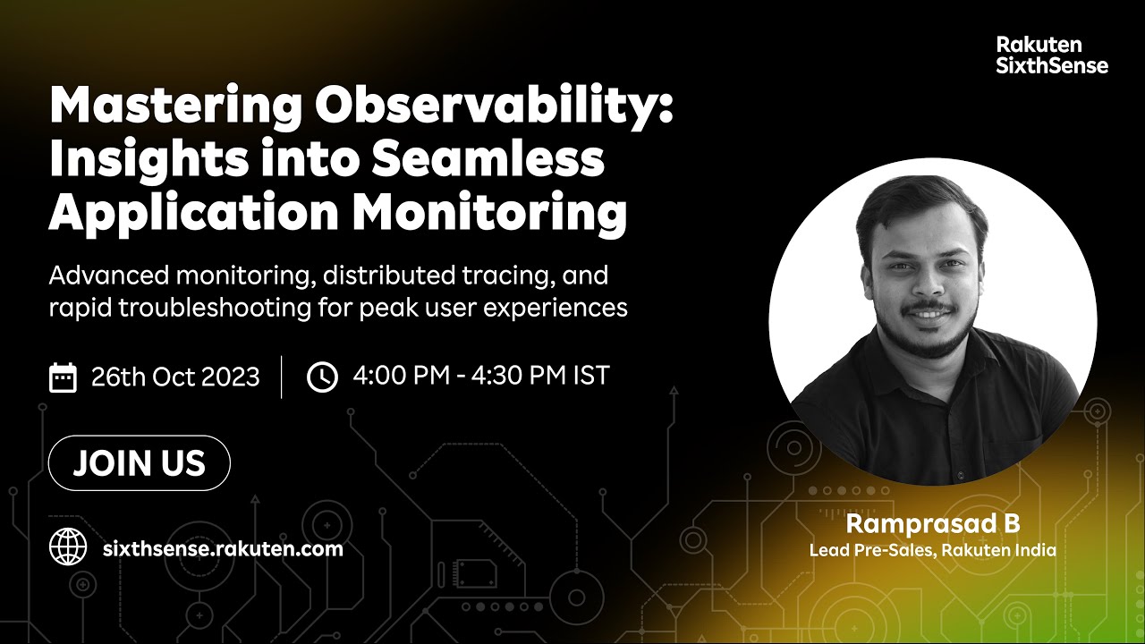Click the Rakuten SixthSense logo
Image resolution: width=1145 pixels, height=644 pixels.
(x=1051, y=55)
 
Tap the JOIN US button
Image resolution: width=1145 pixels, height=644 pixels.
(x=140, y=463)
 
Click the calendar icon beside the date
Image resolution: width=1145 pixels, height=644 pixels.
(x=63, y=377)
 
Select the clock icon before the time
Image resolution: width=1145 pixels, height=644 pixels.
(x=322, y=377)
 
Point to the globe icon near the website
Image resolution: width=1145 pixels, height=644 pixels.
(x=68, y=547)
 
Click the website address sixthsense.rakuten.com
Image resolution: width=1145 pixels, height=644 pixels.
(x=223, y=548)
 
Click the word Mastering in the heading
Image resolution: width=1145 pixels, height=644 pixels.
(x=174, y=107)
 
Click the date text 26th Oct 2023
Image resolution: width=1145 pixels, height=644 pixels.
(x=175, y=377)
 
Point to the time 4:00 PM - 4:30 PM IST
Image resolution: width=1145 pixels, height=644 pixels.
(x=480, y=376)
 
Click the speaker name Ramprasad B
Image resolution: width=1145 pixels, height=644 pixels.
(x=932, y=523)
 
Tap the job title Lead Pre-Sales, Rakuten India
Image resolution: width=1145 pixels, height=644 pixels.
(x=932, y=550)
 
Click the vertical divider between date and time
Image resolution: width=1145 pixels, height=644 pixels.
(x=282, y=377)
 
